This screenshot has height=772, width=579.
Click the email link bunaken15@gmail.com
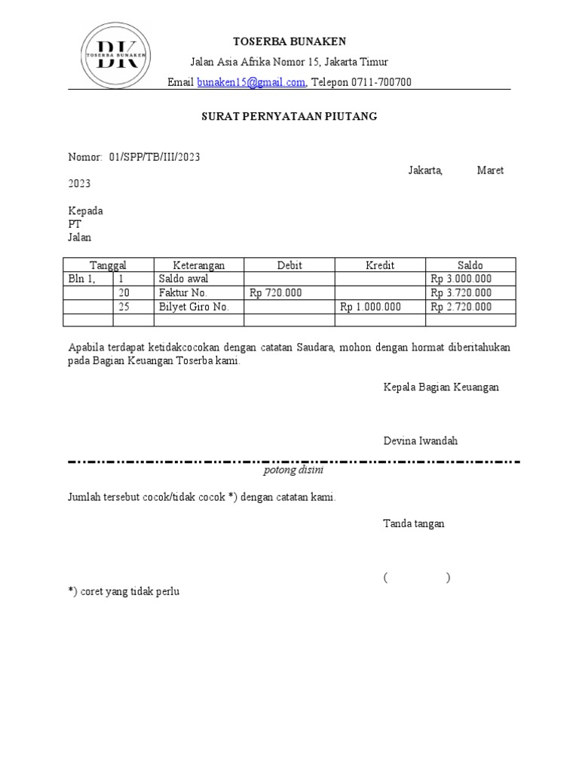[x=251, y=82]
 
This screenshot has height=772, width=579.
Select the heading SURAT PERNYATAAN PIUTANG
[x=289, y=117]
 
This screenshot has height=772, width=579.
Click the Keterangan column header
[x=198, y=265]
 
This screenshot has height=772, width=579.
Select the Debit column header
[x=289, y=265]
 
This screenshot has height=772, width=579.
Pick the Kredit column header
[x=380, y=265]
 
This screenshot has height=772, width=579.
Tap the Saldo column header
[x=470, y=265]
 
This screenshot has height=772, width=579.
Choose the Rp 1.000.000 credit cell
[x=371, y=307]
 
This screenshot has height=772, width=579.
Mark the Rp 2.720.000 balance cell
[x=461, y=307]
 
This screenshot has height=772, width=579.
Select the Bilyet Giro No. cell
[x=194, y=307]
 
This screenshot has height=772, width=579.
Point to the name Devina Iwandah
[x=420, y=441]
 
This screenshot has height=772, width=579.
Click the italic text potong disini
[x=293, y=470]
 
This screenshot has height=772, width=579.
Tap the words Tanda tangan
[x=413, y=523]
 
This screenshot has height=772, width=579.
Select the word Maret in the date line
[x=490, y=170]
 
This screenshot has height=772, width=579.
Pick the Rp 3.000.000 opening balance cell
[x=461, y=279]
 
